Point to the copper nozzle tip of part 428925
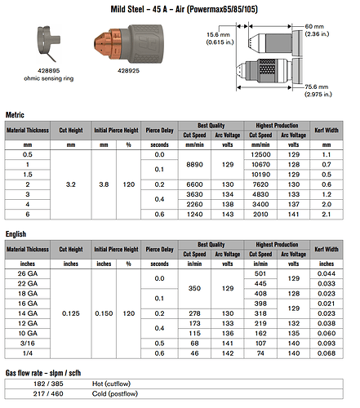pyautogui.click(x=96, y=42)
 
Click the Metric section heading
pyautogui.click(x=18, y=115)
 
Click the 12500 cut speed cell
pyautogui.click(x=262, y=154)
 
